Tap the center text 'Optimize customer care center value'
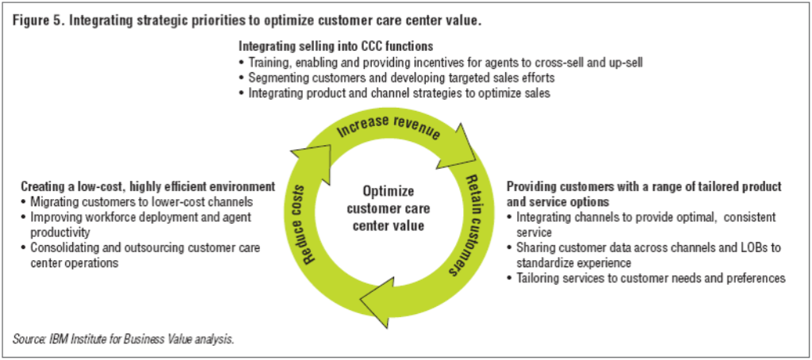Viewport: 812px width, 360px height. coord(389,208)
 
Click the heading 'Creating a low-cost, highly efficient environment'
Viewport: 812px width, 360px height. coord(147,186)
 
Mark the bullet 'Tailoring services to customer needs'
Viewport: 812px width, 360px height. coord(650,278)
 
